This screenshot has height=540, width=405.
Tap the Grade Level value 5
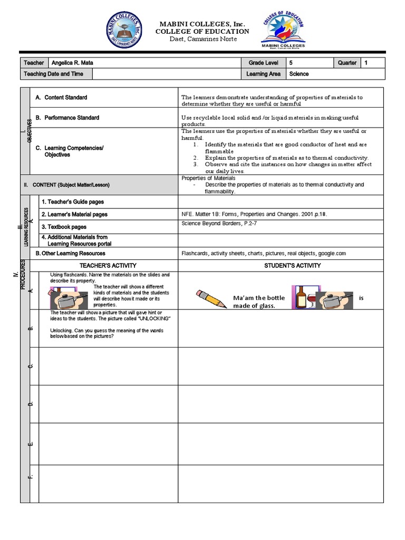point(291,63)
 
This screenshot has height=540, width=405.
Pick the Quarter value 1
point(366,63)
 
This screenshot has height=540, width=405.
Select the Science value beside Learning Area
point(298,74)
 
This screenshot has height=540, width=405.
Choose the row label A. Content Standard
point(61,98)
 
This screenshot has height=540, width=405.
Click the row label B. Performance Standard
point(67,118)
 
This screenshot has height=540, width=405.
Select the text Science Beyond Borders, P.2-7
point(219,224)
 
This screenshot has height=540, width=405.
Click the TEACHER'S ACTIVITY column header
point(108,265)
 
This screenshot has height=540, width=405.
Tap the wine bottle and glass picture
point(305,298)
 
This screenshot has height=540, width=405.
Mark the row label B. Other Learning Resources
point(70,254)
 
